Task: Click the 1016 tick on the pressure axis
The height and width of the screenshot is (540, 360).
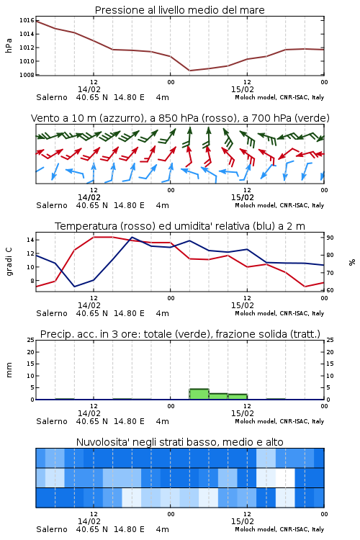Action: [27, 20]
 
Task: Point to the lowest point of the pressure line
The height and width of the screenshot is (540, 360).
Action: [190, 71]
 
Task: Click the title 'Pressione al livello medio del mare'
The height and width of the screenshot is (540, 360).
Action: [179, 10]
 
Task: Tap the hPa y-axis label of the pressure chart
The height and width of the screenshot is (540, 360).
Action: [9, 45]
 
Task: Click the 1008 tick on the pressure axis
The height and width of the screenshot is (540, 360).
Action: [27, 75]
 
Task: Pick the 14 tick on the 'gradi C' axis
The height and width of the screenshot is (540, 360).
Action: [30, 240]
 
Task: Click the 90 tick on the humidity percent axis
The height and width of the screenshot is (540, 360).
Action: [330, 238]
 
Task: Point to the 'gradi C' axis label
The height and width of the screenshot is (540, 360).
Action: [9, 262]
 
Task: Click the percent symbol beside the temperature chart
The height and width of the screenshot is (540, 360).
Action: [352, 262]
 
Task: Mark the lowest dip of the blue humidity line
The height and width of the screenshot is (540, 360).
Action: [74, 287]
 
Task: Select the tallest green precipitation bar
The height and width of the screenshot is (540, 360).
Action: [199, 394]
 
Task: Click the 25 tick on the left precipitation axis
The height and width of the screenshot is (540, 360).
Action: [30, 340]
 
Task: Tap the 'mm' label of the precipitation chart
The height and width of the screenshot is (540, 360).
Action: [9, 370]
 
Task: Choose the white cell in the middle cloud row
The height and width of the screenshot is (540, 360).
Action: [285, 477]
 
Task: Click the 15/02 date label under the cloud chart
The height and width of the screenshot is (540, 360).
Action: [243, 521]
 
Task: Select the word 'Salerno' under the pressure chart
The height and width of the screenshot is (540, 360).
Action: [52, 97]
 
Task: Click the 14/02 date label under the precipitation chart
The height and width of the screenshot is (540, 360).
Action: [89, 413]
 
